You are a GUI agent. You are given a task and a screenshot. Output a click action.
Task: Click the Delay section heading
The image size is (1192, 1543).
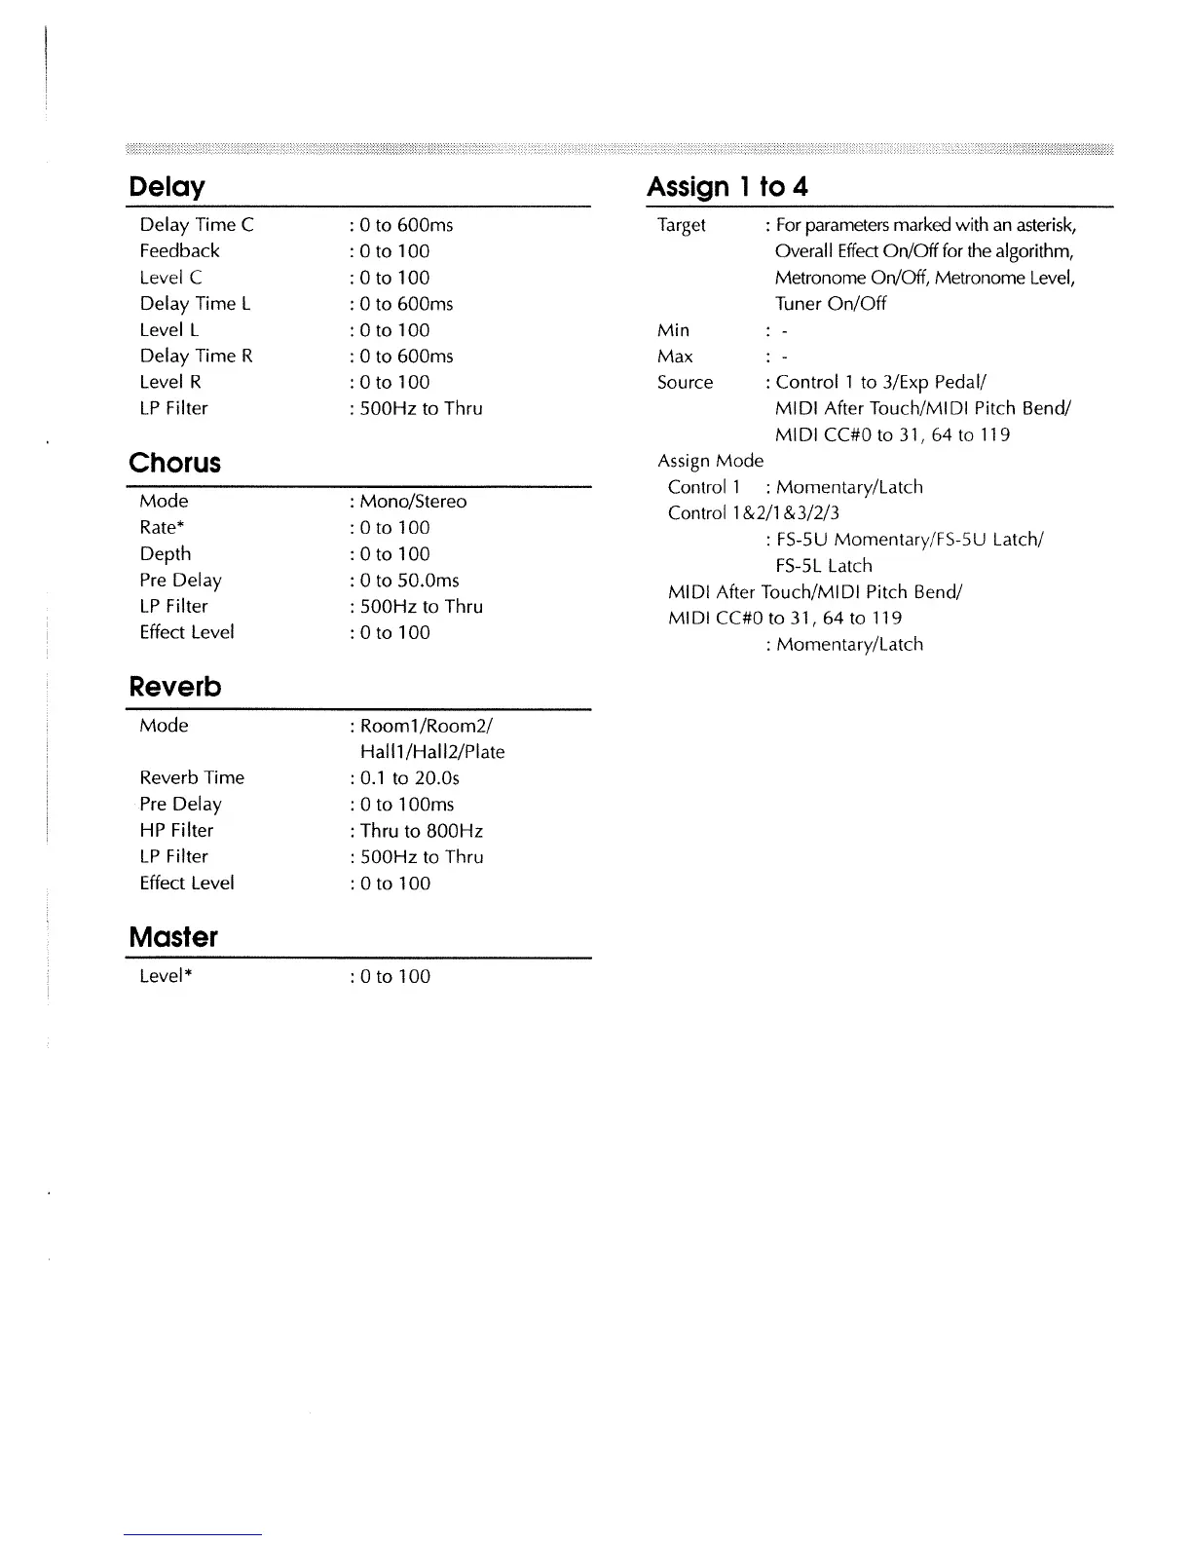click(167, 186)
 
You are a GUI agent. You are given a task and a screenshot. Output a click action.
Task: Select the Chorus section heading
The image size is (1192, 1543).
click(174, 463)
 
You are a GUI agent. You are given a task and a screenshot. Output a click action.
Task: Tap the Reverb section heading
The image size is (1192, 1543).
click(175, 687)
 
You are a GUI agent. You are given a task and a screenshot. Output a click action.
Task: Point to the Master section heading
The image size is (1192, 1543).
click(172, 937)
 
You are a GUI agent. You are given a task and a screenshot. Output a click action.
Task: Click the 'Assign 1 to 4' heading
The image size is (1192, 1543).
click(726, 186)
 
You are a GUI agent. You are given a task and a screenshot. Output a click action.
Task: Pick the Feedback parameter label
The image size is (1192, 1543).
click(179, 251)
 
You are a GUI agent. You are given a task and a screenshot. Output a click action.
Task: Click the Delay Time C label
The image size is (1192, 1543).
click(196, 225)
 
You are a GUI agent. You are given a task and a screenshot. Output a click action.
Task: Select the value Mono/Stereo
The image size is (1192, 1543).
click(412, 502)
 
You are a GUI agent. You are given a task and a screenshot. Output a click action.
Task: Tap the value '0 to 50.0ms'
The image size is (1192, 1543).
click(409, 581)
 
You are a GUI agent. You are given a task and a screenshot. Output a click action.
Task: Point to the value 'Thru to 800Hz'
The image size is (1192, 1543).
click(421, 831)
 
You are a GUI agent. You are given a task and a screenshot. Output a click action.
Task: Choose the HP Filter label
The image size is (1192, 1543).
click(176, 831)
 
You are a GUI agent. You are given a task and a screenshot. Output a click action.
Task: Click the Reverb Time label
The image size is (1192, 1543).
click(192, 778)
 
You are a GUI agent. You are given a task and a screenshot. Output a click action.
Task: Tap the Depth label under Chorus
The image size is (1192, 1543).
click(165, 554)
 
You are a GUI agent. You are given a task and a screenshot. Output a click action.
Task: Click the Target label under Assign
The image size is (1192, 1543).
click(682, 225)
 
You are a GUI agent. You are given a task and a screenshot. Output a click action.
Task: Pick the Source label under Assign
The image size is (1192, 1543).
click(685, 383)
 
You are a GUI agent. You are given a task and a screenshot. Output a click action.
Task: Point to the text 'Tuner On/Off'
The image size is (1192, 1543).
click(831, 304)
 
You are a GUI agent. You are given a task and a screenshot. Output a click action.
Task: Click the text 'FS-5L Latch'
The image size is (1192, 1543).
click(824, 566)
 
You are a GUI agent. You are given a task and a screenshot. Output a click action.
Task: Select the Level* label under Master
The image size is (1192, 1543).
click(165, 977)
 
